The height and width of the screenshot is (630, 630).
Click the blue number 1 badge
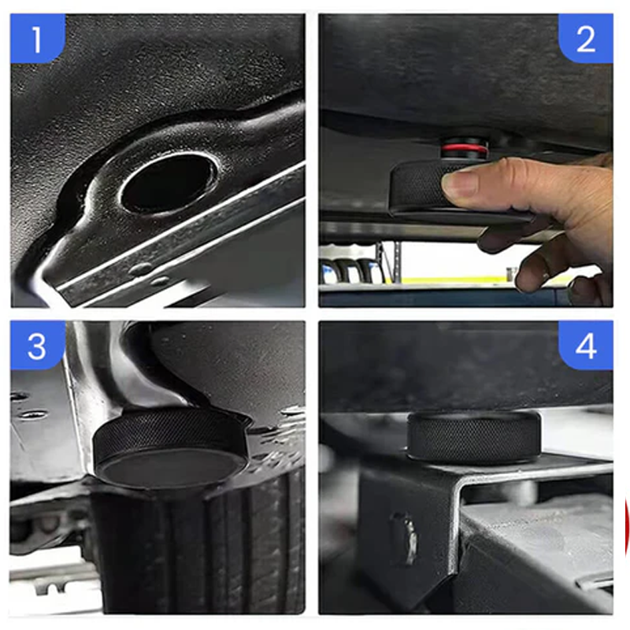[x=37, y=37]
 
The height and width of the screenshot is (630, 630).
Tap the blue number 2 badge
[x=585, y=38]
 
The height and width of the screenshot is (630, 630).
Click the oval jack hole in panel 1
[x=167, y=182]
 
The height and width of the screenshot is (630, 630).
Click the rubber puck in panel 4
[x=473, y=436]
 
